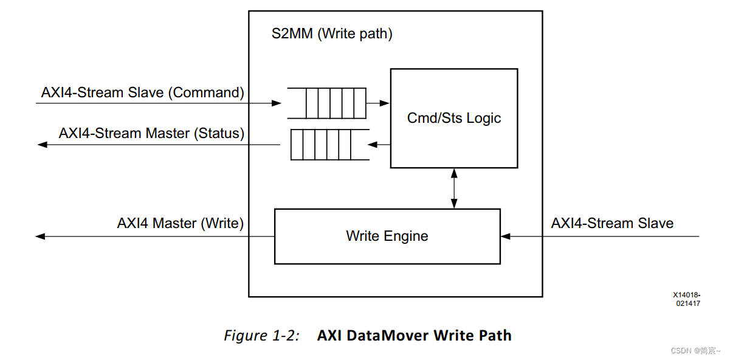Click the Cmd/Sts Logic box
pos(453,118)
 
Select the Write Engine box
pos(387,236)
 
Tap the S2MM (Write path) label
pos(331,33)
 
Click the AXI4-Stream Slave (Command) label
pos(142,92)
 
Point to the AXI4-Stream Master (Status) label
pos(151,133)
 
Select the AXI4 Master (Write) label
pos(180,223)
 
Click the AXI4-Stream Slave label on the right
pos(612,223)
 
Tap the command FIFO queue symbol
pos(327,103)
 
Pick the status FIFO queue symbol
pos(329,145)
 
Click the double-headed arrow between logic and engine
pos(454,189)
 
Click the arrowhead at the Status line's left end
pos(42,145)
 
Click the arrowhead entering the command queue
pos(277,103)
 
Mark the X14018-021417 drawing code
pos(686,299)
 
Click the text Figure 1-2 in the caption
pos(261,335)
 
